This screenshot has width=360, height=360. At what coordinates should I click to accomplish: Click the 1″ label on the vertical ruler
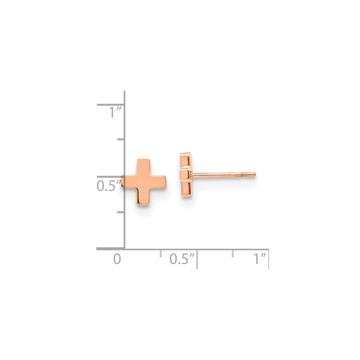tap(115, 113)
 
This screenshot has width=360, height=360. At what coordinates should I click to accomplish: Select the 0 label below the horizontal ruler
tap(117, 259)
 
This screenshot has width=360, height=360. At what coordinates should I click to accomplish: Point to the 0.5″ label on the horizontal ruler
tap(182, 259)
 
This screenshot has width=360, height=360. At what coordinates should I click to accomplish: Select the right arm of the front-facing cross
tap(160, 182)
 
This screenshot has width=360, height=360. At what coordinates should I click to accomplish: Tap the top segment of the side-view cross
tap(185, 160)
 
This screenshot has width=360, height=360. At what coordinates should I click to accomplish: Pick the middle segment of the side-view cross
tap(186, 174)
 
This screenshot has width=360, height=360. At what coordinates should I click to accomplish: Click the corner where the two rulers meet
tap(124, 249)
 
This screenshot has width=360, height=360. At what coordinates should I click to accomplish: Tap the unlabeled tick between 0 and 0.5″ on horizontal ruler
tap(160, 253)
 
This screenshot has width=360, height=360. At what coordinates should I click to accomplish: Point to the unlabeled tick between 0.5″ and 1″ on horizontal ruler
tap(233, 253)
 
